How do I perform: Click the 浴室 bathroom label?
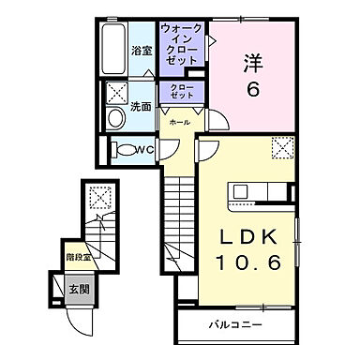142,50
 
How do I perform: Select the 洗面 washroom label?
142,107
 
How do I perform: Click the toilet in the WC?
124,148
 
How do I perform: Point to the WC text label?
143,149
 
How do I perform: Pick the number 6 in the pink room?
251,90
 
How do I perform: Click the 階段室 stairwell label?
78,256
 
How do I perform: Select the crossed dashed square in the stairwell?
98,196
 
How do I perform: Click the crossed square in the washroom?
117,93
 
